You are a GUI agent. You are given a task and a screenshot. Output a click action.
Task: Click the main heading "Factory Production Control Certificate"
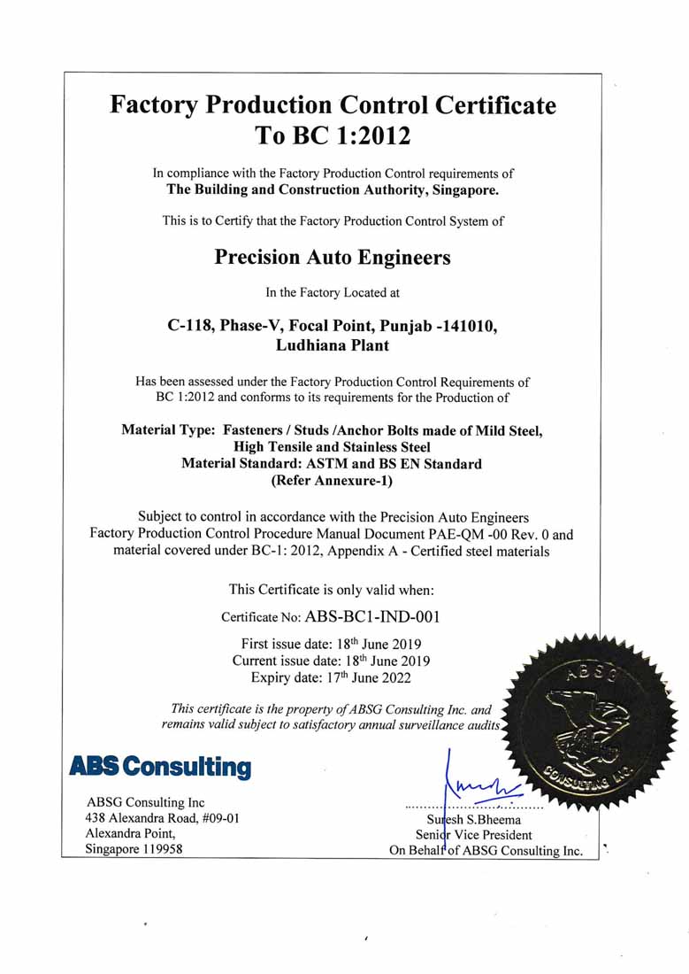[333, 105]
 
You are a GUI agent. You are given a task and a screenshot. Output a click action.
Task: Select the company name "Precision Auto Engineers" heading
[333, 258]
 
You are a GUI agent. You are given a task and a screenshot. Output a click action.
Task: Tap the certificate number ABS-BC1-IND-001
[371, 616]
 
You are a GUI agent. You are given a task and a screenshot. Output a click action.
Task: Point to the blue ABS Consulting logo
[160, 767]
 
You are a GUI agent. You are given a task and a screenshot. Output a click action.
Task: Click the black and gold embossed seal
[588, 721]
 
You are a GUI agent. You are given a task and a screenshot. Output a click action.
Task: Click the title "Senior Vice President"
[474, 835]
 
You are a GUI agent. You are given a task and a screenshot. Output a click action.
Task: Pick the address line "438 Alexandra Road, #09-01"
[162, 818]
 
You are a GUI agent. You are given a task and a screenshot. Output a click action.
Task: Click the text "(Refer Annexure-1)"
[332, 482]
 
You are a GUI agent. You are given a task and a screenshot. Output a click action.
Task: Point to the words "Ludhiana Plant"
[332, 345]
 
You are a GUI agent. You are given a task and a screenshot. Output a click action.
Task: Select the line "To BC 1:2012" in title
[333, 136]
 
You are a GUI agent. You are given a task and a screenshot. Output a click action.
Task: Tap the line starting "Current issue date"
[331, 661]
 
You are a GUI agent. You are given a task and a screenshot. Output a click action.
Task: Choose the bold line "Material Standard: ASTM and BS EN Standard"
[332, 464]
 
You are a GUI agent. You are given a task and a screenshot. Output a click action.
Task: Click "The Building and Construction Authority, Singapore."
[333, 189]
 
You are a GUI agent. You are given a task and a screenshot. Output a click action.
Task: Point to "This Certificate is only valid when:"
[331, 589]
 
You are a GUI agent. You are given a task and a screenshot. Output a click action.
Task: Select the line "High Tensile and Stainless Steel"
[332, 447]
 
